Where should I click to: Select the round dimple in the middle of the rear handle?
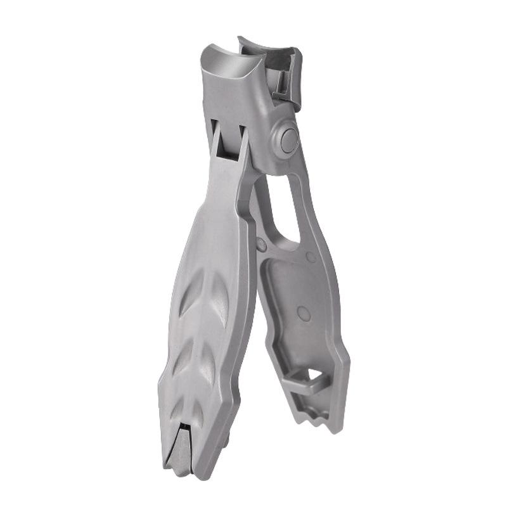tap(304, 312)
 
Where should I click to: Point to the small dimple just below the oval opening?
tap(311, 257)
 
